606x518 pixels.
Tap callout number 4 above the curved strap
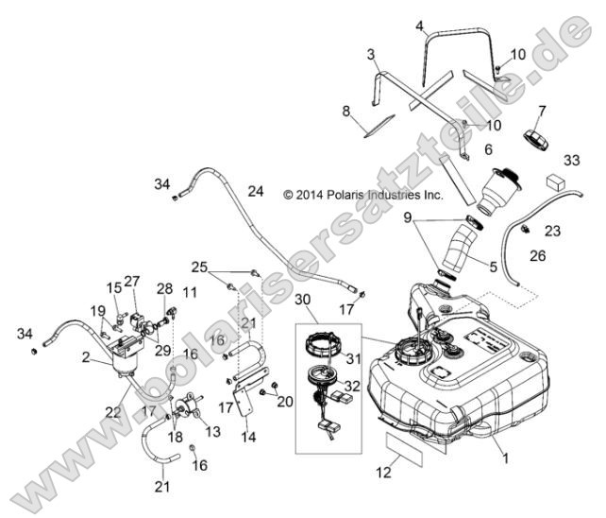tap(419, 26)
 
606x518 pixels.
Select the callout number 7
tap(541, 112)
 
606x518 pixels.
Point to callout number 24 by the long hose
tap(254, 191)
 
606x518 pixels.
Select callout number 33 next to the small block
tap(571, 160)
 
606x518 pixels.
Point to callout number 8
tap(345, 112)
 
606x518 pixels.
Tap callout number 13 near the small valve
tap(211, 432)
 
